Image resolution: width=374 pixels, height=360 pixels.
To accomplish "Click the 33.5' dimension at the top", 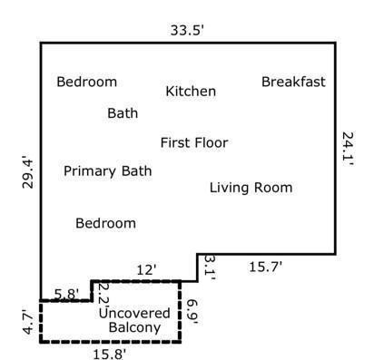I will click(x=186, y=29).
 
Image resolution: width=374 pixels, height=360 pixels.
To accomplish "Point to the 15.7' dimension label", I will click(x=266, y=266).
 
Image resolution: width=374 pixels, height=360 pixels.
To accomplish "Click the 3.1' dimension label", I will click(x=210, y=266).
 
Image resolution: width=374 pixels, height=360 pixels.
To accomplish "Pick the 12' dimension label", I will click(x=146, y=269).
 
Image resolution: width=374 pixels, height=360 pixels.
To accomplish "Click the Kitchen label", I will click(x=191, y=92).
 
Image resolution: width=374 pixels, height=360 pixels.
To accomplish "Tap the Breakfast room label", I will click(x=293, y=82).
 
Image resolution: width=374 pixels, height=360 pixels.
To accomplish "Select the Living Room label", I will click(x=251, y=188).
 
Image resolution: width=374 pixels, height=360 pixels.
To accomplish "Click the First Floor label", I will click(x=193, y=142).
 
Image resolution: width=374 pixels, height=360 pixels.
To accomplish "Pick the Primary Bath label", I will click(x=107, y=170).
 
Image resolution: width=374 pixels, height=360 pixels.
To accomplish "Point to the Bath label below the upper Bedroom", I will click(x=123, y=113).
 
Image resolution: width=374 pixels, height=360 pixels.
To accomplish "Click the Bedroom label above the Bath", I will click(x=86, y=82).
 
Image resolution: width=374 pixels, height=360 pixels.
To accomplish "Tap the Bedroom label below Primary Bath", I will click(x=105, y=223).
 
